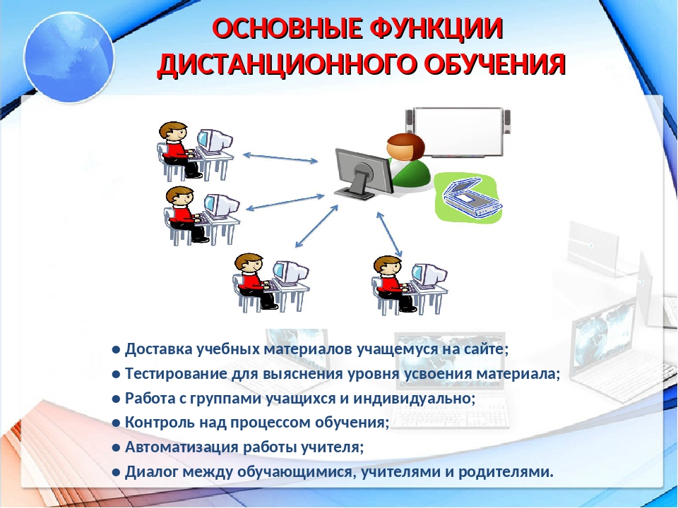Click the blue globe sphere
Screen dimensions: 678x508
(x=69, y=57)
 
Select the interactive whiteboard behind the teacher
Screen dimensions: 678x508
(x=458, y=132)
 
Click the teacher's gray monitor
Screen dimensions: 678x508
(x=364, y=174)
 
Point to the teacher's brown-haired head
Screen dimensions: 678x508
(x=405, y=147)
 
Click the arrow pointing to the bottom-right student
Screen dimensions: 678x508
(x=389, y=234)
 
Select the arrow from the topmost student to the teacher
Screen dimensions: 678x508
(x=280, y=157)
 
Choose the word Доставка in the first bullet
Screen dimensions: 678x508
(x=159, y=349)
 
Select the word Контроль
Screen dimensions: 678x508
(x=160, y=423)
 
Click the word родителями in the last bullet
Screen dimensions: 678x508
(x=506, y=472)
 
